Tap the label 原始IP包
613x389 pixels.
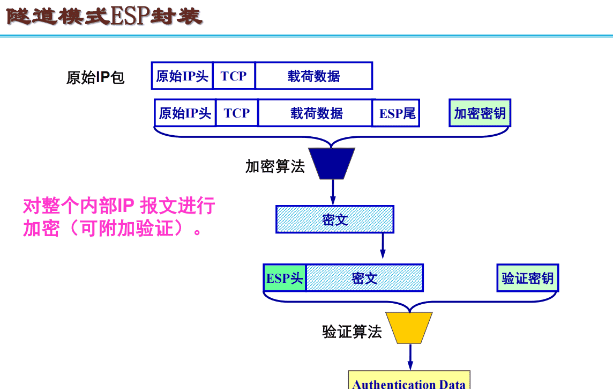[x=95, y=78]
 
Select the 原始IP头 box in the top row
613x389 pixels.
[x=182, y=76]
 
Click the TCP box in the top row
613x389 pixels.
[x=234, y=76]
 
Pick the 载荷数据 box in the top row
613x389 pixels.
[x=313, y=76]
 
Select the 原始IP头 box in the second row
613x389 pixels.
[x=185, y=113]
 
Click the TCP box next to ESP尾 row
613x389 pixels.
[x=237, y=113]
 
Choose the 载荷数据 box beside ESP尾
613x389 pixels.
[x=316, y=113]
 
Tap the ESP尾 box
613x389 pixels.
[x=397, y=113]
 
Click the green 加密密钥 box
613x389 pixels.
[x=480, y=113]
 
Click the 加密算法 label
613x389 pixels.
[x=275, y=166]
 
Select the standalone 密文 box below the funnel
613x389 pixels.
[x=335, y=219]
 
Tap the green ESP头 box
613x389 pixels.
[x=285, y=278]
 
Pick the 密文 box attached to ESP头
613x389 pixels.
[x=364, y=278]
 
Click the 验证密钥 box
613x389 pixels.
[x=528, y=278]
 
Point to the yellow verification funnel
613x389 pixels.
[x=410, y=327]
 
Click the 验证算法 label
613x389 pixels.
[x=352, y=332]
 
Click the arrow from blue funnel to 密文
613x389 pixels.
[x=332, y=192]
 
